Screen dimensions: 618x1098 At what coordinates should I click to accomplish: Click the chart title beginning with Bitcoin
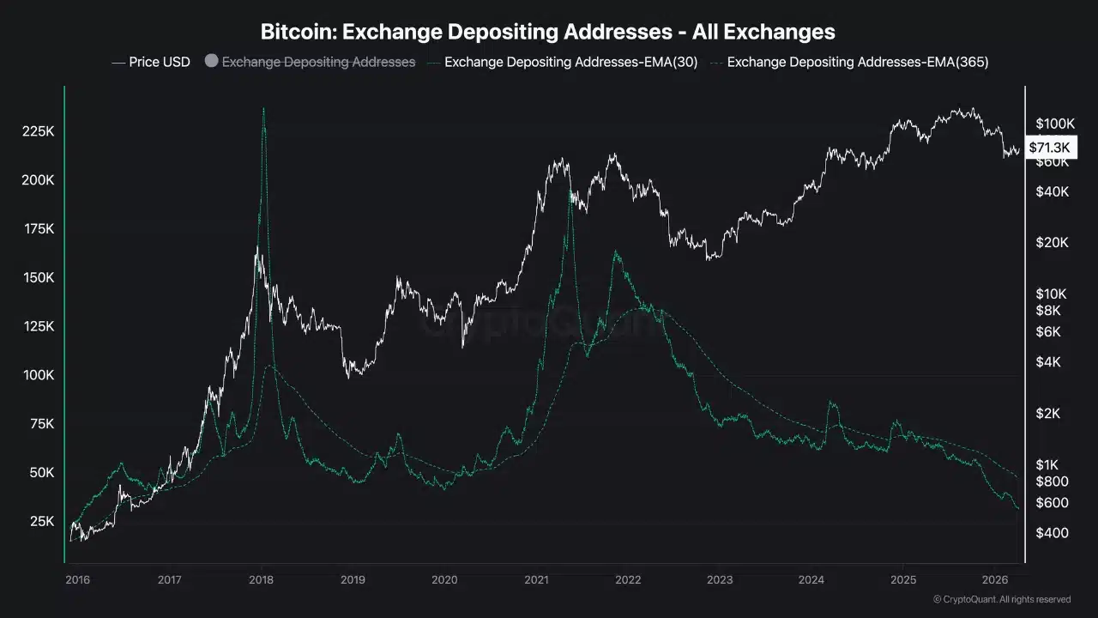click(x=548, y=32)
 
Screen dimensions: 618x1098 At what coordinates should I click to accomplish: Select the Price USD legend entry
click(x=151, y=62)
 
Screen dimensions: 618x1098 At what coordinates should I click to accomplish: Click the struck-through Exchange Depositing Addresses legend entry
click(x=318, y=62)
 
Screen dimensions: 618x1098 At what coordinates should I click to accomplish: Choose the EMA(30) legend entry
click(x=570, y=62)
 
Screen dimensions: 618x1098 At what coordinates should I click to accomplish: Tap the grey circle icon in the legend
click(x=211, y=62)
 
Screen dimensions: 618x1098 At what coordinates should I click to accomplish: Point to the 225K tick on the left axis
click(x=38, y=131)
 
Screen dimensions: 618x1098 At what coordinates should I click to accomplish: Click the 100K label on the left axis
click(x=38, y=375)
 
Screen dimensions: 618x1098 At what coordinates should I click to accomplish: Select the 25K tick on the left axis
click(x=41, y=521)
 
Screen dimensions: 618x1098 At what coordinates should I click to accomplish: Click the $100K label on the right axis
click(x=1054, y=124)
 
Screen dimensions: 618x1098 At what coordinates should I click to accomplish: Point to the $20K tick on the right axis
click(x=1052, y=242)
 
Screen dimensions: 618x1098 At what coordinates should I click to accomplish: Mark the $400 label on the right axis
click(x=1052, y=533)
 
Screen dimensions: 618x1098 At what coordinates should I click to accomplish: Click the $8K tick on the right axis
click(x=1048, y=311)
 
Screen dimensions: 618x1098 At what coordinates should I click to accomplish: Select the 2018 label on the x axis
click(x=261, y=579)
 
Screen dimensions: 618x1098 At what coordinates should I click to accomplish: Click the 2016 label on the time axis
click(x=77, y=579)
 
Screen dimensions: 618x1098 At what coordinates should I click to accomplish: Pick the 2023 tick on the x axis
click(x=719, y=579)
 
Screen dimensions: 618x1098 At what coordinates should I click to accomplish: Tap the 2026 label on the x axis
click(x=994, y=579)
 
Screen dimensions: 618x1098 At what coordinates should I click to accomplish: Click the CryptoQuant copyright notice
click(x=1001, y=599)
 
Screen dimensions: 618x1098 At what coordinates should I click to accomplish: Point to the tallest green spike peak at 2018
click(x=263, y=108)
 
